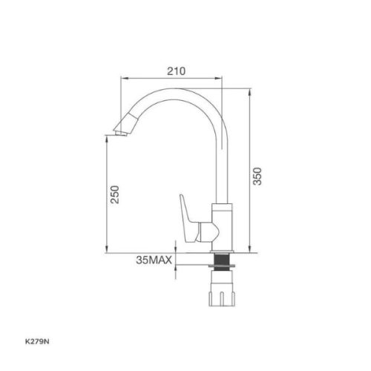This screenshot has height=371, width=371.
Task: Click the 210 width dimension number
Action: pos(174,71)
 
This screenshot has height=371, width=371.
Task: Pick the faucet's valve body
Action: pos(220,226)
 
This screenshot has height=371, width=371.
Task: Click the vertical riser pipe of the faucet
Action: pos(221,171)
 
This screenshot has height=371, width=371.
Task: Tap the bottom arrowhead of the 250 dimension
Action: pos(108,249)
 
